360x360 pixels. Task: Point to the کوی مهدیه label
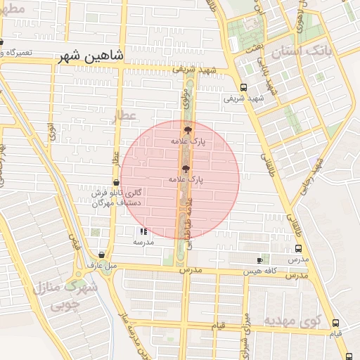tap(292, 320)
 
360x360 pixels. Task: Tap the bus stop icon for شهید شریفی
tap(243, 88)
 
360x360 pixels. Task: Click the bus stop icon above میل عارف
tap(102, 255)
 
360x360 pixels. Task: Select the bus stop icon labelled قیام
tap(335, 323)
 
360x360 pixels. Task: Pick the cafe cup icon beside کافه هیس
tap(259, 260)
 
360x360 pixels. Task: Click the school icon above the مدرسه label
tap(143, 231)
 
